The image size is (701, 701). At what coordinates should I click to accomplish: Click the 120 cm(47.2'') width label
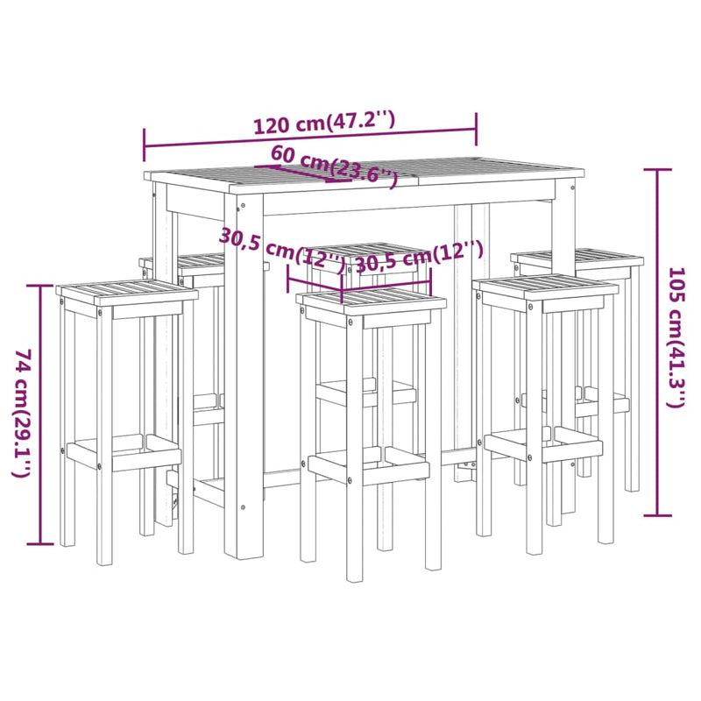[x=324, y=124]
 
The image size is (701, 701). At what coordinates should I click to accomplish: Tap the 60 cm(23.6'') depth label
[x=334, y=164]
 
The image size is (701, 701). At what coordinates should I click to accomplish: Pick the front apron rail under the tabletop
[x=403, y=207]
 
